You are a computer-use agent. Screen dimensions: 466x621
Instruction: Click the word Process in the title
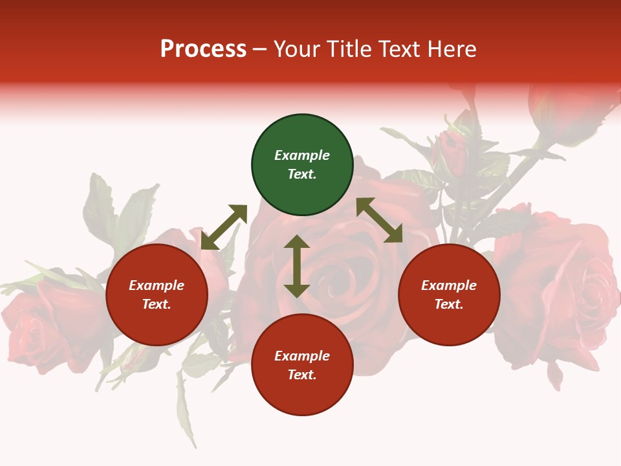[x=203, y=49]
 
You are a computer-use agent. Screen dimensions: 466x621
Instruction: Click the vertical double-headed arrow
[x=297, y=266]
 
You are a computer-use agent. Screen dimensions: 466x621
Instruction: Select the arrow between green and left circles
[x=224, y=227]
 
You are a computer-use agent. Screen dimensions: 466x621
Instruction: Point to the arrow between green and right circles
[x=379, y=220]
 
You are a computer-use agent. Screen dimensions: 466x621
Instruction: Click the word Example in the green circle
[x=302, y=155]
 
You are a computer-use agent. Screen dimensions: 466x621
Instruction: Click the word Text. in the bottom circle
[x=302, y=375]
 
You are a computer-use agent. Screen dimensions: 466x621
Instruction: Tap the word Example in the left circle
[x=157, y=285]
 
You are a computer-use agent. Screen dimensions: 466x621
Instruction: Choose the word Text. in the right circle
[x=449, y=304]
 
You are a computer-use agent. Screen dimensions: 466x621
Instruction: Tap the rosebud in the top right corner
[x=563, y=110]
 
